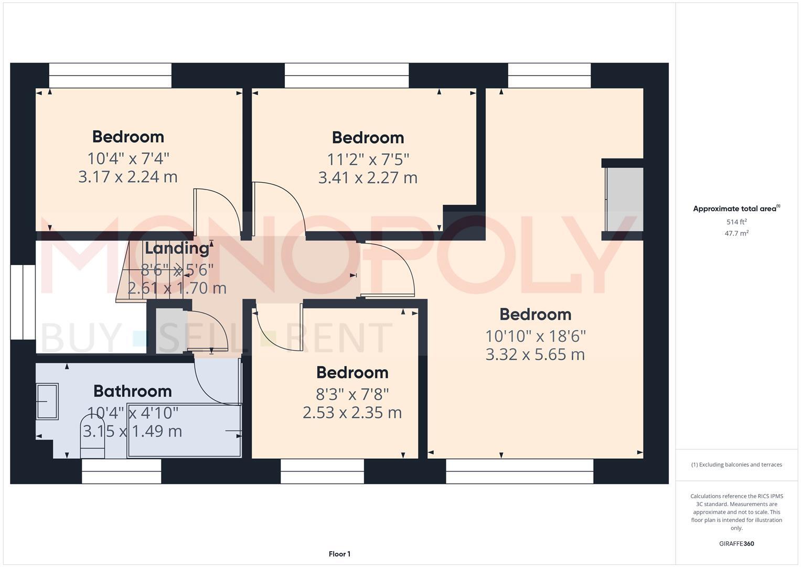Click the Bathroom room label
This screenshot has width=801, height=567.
(x=132, y=391)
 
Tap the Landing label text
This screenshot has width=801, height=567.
(x=177, y=248)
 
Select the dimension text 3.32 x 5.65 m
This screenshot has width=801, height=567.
(x=535, y=354)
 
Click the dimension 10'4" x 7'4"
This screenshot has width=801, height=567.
(x=128, y=158)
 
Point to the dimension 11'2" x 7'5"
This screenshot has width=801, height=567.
(x=368, y=159)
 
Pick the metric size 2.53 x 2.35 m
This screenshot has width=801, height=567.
(x=352, y=413)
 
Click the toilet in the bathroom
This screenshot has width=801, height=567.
(x=92, y=437)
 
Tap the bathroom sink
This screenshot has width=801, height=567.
(x=47, y=401)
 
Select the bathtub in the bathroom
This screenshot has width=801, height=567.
(x=184, y=430)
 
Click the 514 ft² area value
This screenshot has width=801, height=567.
(x=736, y=222)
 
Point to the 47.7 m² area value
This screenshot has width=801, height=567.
(x=736, y=234)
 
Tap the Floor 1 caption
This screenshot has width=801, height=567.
(x=339, y=554)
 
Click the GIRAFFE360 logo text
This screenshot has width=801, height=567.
(x=736, y=544)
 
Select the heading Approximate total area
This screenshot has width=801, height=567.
(x=735, y=209)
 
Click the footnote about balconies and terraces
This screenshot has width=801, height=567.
(x=736, y=465)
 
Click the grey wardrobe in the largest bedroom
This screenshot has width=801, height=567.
(x=624, y=199)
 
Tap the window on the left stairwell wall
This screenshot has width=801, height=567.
(x=23, y=302)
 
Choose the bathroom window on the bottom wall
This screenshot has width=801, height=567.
(x=121, y=471)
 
